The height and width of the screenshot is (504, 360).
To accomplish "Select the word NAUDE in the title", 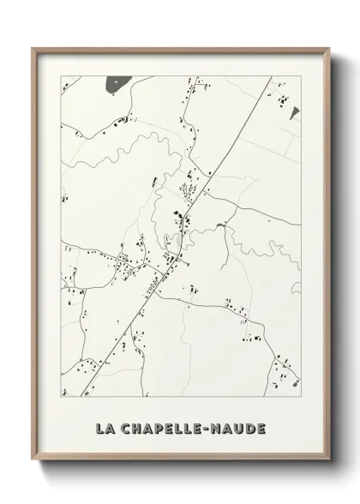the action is coord(239,426).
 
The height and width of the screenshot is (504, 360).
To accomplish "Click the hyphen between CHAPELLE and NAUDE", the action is coord(208,426).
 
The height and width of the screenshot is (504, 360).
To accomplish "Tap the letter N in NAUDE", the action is coord(218,426).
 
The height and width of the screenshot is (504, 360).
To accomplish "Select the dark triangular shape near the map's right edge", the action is coord(292,112).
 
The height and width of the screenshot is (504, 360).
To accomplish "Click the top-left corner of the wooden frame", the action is coord(33,49).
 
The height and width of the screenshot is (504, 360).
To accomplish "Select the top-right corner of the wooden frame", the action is coord(330,49).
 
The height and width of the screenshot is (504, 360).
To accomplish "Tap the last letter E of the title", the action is coord(261,426).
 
